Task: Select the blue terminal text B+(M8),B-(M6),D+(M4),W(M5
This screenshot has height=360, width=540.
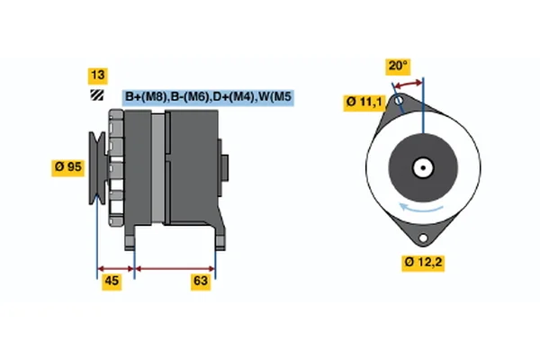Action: pyautogui.click(x=209, y=97)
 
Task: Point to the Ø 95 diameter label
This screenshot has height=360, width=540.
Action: pyautogui.click(x=70, y=166)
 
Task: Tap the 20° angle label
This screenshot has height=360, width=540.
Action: pyautogui.click(x=398, y=66)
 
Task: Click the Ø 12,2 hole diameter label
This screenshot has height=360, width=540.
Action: pyautogui.click(x=422, y=262)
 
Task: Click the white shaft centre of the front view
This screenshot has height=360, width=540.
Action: pyautogui.click(x=422, y=166)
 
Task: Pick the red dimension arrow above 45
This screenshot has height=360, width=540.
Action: pyautogui.click(x=115, y=267)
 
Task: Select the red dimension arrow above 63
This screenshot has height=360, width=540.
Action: pyautogui.click(x=175, y=267)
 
